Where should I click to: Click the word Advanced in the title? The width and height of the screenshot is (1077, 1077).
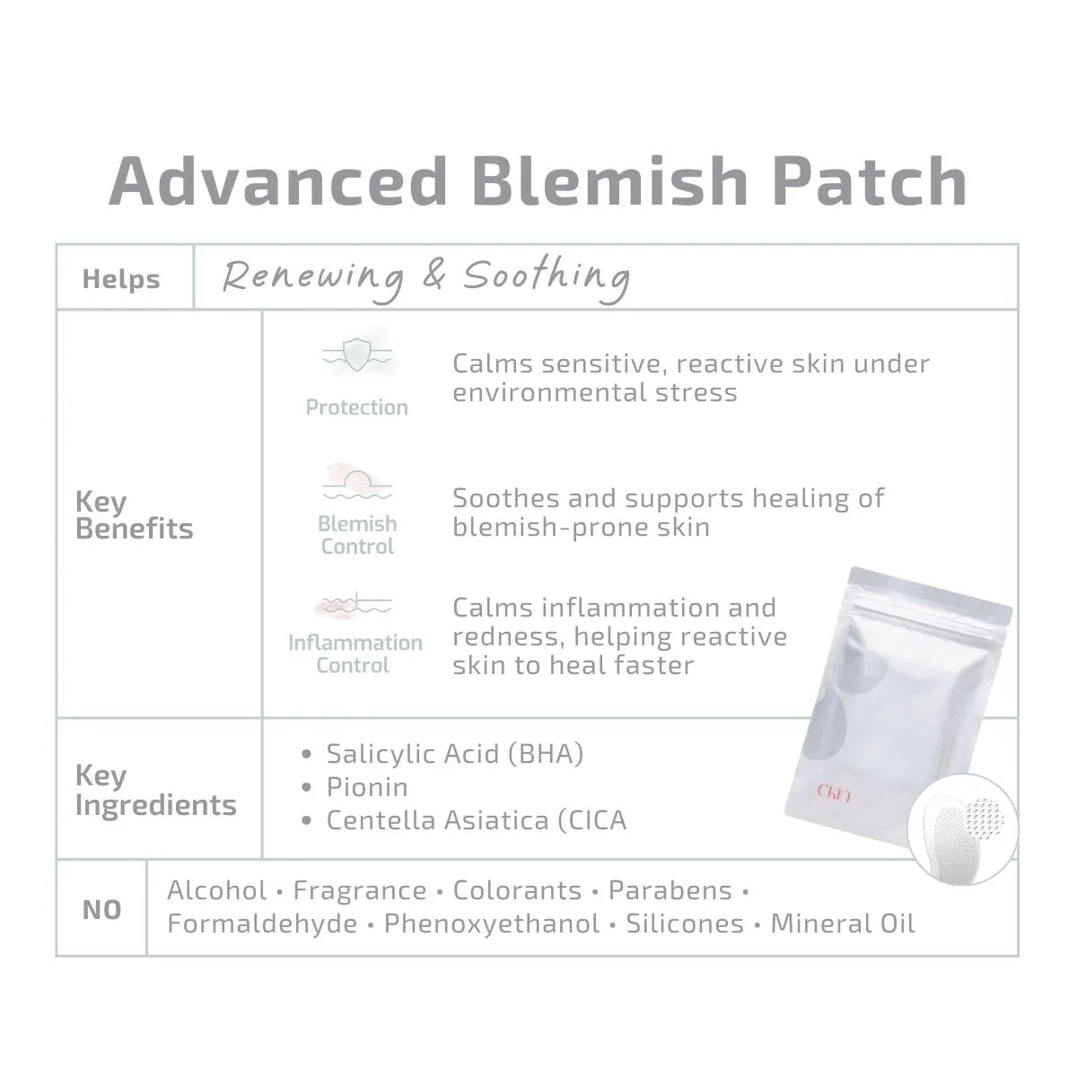(277, 181)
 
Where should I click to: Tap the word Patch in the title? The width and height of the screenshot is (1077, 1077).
(871, 181)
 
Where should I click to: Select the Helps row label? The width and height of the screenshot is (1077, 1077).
(121, 279)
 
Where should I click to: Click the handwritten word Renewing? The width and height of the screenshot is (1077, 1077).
(313, 277)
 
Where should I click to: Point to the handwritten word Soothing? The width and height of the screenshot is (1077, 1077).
(547, 276)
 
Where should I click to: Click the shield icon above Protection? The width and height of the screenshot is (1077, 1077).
(357, 355)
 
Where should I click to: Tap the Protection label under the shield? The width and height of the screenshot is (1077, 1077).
(356, 407)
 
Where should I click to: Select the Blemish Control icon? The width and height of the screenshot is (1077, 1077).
(357, 482)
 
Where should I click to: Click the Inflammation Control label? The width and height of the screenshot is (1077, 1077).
(355, 654)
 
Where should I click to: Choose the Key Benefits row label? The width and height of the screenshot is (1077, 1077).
(134, 515)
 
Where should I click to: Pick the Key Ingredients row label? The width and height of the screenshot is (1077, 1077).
(156, 791)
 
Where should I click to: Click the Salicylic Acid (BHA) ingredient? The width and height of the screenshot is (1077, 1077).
(455, 754)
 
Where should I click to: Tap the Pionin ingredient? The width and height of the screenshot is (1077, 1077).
(367, 787)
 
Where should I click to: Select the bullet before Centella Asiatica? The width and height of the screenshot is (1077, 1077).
(306, 820)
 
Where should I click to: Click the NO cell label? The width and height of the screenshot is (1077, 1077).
(101, 910)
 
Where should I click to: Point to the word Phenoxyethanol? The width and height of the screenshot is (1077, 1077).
(492, 924)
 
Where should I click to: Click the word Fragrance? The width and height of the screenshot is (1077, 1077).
(360, 890)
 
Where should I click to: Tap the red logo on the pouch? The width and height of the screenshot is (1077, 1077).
(834, 792)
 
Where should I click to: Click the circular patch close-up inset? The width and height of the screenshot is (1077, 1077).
(962, 829)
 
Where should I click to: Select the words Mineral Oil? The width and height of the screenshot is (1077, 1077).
(843, 924)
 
